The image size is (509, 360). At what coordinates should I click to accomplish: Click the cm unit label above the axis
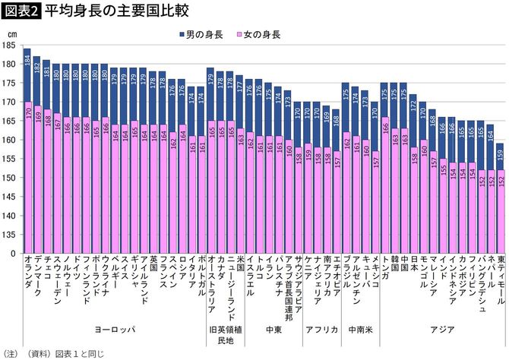point(14,34)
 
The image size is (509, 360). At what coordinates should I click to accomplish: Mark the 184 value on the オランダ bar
point(27,63)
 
